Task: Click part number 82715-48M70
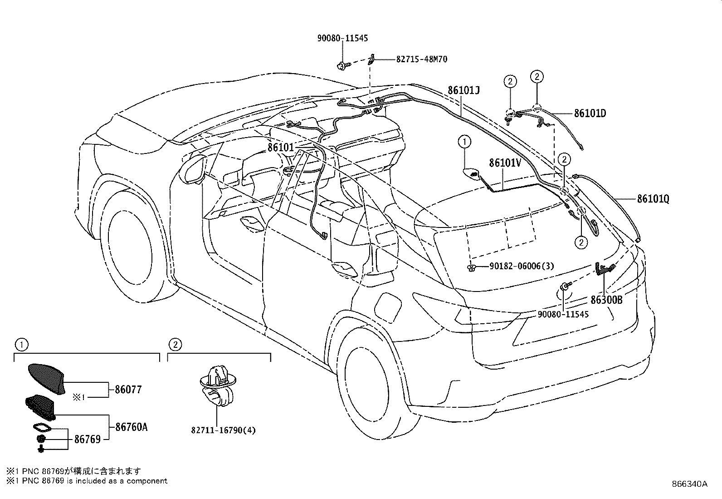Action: click(x=422, y=59)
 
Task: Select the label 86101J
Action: click(x=463, y=90)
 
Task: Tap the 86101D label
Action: click(x=590, y=114)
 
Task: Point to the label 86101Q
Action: click(x=653, y=199)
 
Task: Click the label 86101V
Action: click(x=505, y=163)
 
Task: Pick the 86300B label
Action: click(x=606, y=300)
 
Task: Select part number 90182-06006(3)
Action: click(x=522, y=266)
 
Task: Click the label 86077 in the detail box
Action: click(x=128, y=390)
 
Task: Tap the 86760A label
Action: click(x=131, y=427)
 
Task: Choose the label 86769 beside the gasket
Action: click(x=87, y=439)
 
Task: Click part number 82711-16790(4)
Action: click(x=223, y=430)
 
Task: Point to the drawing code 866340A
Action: click(x=689, y=484)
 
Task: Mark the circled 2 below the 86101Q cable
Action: click(x=581, y=242)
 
